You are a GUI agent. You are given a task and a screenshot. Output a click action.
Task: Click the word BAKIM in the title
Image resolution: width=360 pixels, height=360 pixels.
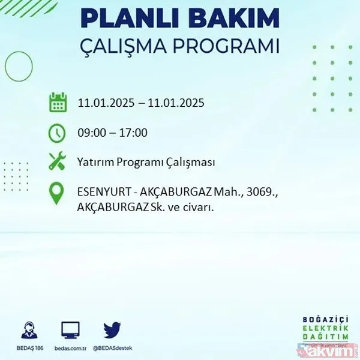coord(227,18)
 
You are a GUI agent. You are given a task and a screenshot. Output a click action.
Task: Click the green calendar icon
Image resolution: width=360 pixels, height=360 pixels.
coord(58,103)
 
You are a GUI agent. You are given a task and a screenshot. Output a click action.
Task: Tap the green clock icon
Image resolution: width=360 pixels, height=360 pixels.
coord(58,133)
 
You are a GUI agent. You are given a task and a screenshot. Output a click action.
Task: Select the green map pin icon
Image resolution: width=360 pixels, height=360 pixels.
coord(58,193)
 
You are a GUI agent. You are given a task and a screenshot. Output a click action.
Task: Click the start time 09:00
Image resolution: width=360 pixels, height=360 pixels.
coord(92,133)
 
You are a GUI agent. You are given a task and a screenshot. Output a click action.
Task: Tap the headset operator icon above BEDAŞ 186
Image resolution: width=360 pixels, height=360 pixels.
coord(28,329)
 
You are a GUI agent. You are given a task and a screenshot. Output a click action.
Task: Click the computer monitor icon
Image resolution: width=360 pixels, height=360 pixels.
coord(70,329)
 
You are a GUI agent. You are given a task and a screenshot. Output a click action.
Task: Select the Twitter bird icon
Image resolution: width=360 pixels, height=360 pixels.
coord(112,329)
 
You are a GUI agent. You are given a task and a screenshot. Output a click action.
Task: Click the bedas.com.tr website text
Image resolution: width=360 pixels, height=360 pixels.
coord(70,347)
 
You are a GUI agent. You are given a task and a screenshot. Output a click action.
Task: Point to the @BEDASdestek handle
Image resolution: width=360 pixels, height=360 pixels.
coord(112,347)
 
